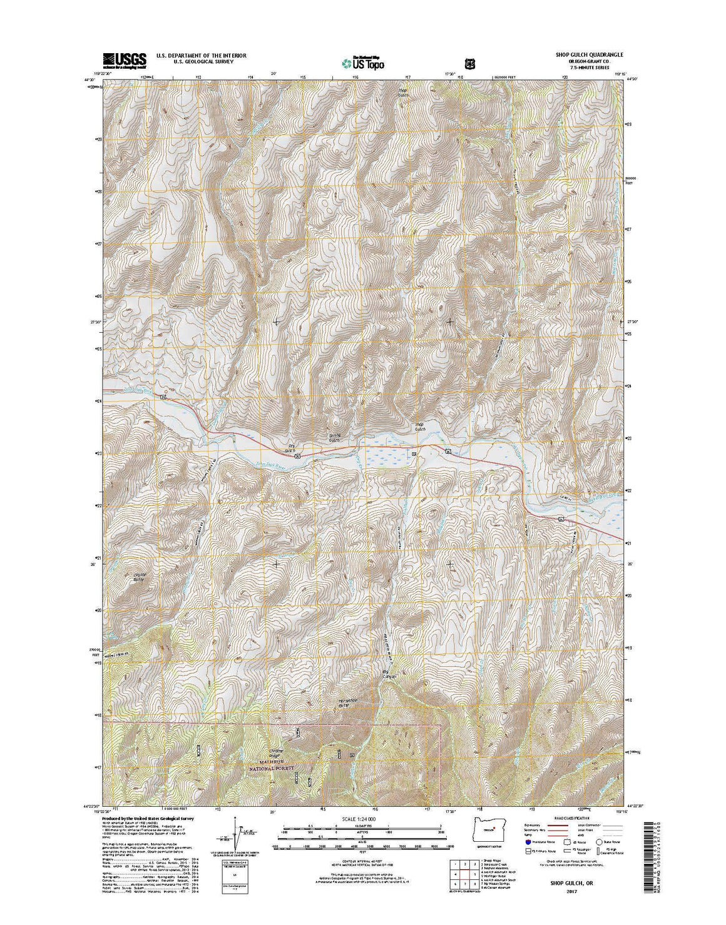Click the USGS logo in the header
point(124,59)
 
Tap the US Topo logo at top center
point(363,62)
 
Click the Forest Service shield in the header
point(469,63)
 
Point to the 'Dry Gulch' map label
point(290,448)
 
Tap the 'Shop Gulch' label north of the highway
point(420,426)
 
